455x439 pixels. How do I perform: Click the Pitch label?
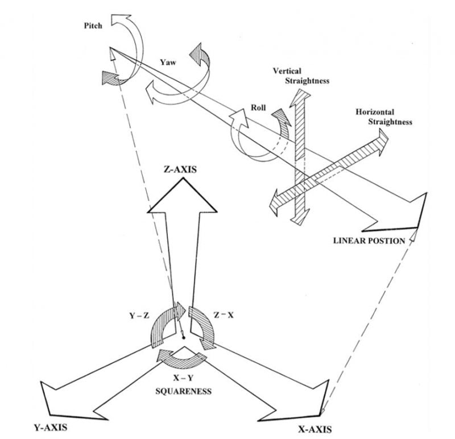[94, 26]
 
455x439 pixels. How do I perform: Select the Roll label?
[259, 106]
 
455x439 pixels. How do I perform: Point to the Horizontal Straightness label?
[382, 117]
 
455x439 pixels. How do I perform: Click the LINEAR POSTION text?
[369, 241]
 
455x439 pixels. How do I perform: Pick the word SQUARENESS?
[183, 391]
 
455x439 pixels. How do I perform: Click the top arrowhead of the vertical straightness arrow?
[300, 97]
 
